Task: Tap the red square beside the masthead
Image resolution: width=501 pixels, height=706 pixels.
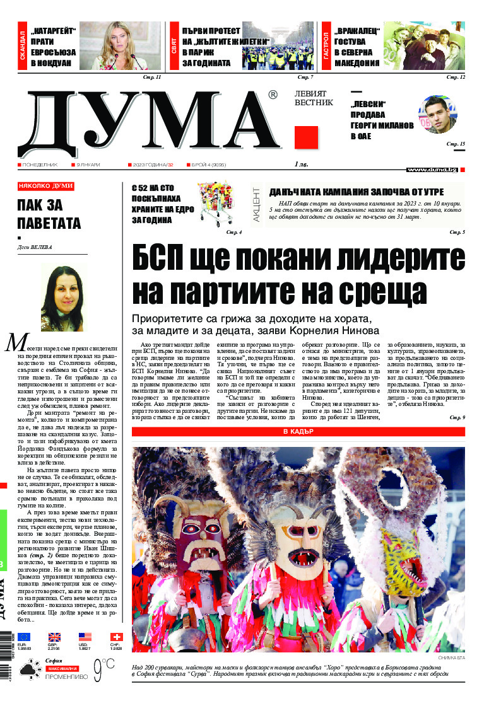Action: point(306,137)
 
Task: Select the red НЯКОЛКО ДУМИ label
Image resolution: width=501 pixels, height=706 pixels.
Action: point(46,186)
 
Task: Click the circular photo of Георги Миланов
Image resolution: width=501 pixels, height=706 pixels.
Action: point(437,115)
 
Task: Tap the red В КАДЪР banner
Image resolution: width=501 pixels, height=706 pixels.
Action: point(298,432)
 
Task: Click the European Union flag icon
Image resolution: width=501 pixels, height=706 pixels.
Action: point(24,637)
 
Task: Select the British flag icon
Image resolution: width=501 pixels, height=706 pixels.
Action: point(55,637)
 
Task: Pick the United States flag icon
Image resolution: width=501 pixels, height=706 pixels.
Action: point(85,637)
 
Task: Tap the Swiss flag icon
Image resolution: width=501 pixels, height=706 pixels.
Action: point(116,637)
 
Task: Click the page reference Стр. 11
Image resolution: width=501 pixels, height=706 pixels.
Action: point(153,77)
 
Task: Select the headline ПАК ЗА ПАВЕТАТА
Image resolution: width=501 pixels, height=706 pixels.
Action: point(49,215)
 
